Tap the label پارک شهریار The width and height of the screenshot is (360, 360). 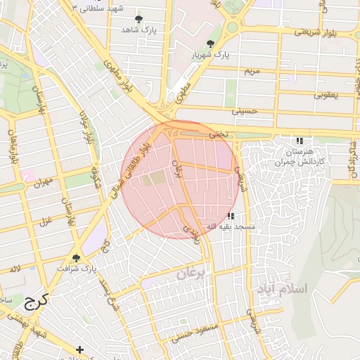tap(211, 55)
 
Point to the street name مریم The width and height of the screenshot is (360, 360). tap(252, 72)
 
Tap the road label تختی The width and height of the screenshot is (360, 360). tap(214, 132)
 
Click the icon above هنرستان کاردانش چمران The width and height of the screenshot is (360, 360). tap(300, 140)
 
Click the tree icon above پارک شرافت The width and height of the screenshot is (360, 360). tap(77, 258)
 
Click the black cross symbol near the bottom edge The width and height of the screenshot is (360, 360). tap(80, 349)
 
